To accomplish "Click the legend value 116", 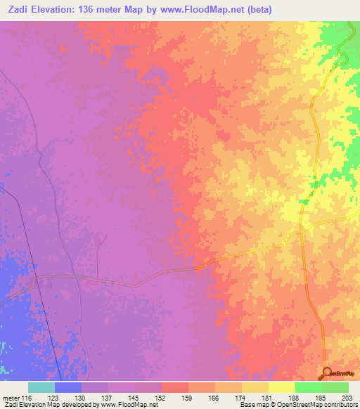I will [x=27, y=398].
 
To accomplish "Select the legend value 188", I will [x=300, y=398].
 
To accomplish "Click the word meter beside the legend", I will [x=11, y=398].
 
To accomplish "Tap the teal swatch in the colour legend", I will [x=41, y=387].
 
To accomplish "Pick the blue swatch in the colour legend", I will [x=67, y=387].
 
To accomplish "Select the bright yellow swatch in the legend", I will [x=281, y=387].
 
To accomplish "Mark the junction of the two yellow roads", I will [x=301, y=230].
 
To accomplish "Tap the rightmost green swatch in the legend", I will [x=335, y=387].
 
